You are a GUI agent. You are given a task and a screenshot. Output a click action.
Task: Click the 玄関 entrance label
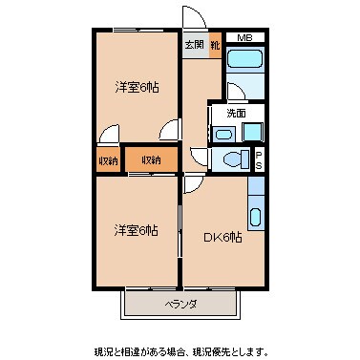click(x=193, y=44)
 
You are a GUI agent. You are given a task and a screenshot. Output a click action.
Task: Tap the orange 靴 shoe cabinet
click(x=216, y=45)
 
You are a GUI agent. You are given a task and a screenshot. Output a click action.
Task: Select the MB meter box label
click(x=245, y=39)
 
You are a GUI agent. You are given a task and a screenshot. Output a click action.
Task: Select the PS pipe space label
click(x=259, y=159)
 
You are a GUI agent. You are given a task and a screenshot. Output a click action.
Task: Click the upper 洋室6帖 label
click(x=138, y=88)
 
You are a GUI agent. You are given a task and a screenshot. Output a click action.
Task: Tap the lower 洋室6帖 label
click(x=137, y=230)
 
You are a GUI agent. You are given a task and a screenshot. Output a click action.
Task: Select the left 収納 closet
click(x=107, y=159)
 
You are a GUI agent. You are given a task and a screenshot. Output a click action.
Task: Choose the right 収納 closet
click(x=152, y=159)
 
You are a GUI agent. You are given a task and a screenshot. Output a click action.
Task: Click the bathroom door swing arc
click(x=236, y=94)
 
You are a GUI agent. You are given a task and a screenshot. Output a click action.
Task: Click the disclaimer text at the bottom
click(x=181, y=350)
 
